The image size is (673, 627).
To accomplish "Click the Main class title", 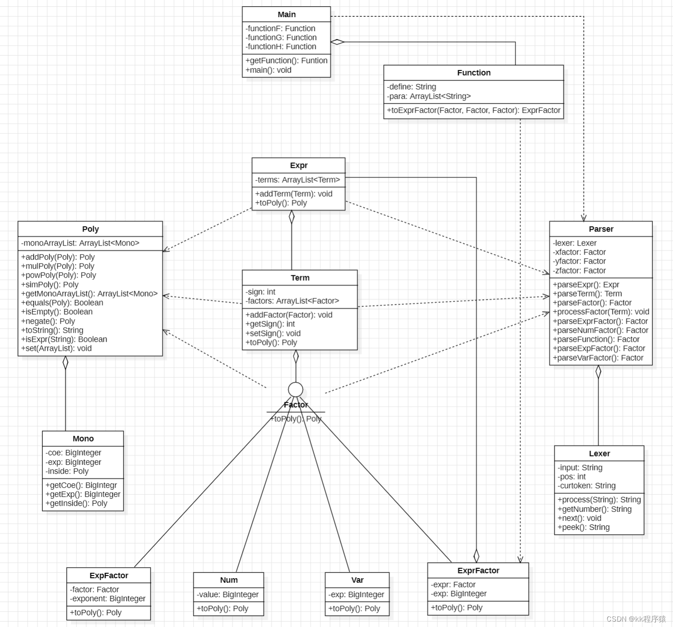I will pos(287,14).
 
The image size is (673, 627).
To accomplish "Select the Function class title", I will pos(473,73).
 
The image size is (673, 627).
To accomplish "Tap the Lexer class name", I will pos(599,453).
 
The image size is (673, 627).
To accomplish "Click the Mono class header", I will pos(83,438).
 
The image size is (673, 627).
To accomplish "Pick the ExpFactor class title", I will pos(109,576).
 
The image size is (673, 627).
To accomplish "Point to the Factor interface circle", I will pos(296,390).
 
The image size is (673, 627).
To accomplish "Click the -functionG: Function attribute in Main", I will pos(281,37).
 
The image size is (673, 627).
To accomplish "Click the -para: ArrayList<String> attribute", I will pos(428,96).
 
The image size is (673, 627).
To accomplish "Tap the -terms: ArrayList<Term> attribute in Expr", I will pos(297,180).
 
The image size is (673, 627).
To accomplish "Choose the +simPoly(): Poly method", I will pos(50,284).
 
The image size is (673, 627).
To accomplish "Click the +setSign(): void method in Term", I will pos(273,333).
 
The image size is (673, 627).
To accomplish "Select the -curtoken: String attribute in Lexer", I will pos(586,486).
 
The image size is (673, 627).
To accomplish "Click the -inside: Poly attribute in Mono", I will pos(67,471).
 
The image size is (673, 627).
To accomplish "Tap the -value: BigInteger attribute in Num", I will pos(227,594).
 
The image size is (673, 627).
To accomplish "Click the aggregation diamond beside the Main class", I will pos(337,42).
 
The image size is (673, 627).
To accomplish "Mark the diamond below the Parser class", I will pos(599,372).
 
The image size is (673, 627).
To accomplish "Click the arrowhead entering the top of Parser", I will pos(584,218).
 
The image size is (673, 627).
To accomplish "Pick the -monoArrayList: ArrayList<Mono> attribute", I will pos(80,243).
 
